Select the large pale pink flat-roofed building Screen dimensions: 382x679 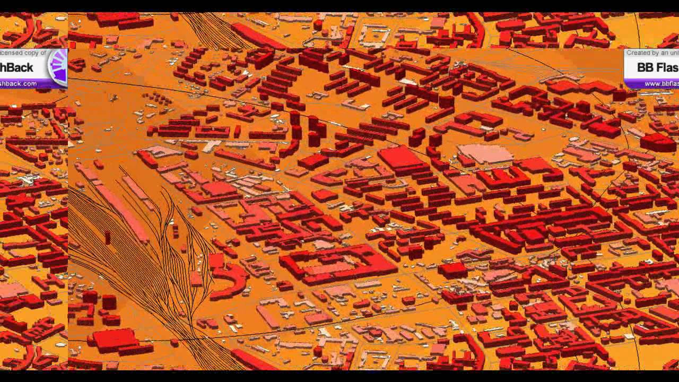click(485, 153)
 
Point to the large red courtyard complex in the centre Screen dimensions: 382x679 click(337, 263)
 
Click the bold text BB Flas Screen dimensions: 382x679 click(657, 68)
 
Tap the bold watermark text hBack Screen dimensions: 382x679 click(17, 68)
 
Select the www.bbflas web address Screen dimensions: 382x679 click(661, 84)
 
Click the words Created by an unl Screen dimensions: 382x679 click(652, 53)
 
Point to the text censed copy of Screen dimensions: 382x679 click(23, 53)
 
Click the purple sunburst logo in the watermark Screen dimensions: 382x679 click(58, 67)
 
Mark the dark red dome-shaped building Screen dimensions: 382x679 click(658, 142)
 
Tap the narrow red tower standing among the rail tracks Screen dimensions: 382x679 click(108, 237)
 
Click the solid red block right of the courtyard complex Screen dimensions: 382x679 click(452, 270)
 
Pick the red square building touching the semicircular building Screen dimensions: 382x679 click(216, 261)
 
